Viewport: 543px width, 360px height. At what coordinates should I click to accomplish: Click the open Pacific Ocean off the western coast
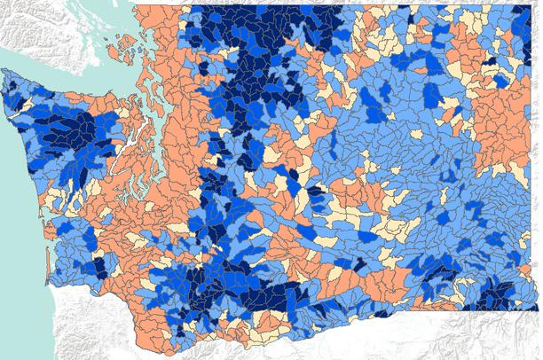18,222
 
